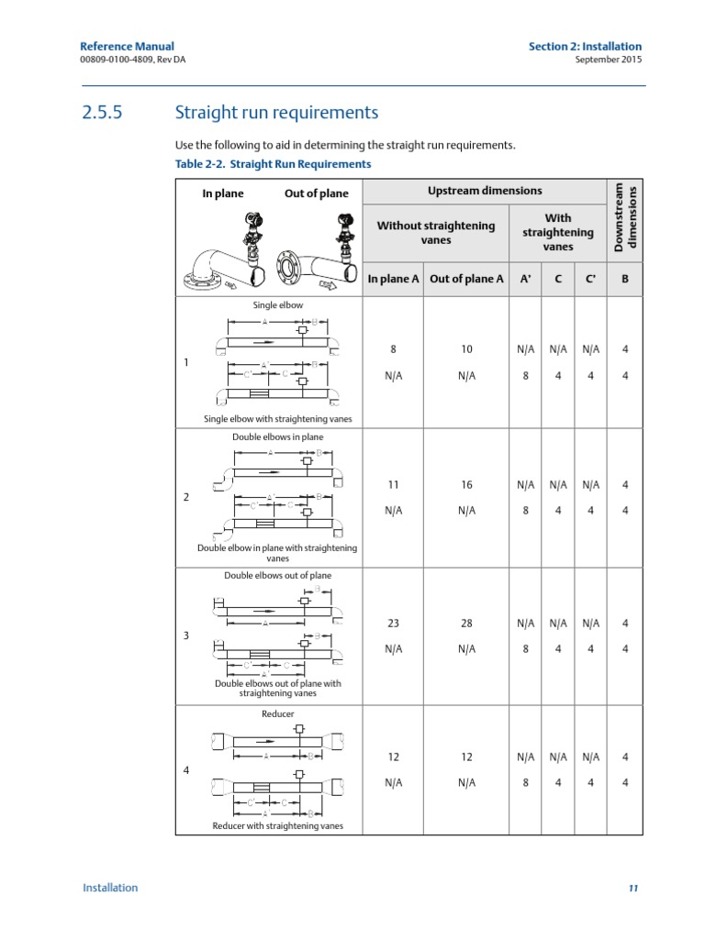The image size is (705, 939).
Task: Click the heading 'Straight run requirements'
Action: click(x=275, y=114)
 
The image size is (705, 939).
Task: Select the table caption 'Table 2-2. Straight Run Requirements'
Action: click(x=273, y=164)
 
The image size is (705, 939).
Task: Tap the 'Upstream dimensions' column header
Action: click(x=485, y=191)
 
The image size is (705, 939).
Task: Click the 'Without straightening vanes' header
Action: click(x=436, y=233)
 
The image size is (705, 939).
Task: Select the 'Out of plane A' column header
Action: click(x=466, y=279)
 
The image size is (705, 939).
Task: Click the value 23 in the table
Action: click(x=394, y=623)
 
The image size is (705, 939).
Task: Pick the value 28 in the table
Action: click(x=466, y=623)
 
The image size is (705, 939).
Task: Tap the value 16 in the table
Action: click(x=466, y=484)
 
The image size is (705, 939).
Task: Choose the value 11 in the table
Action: click(x=394, y=484)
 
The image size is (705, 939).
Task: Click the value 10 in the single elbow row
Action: click(x=466, y=349)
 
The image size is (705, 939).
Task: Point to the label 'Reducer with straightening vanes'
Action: click(x=277, y=825)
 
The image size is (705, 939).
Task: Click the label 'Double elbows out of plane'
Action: click(x=277, y=576)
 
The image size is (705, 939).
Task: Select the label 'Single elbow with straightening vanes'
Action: click(x=277, y=419)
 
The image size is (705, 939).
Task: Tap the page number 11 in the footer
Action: click(x=633, y=888)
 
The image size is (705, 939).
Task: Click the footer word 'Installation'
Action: click(x=110, y=887)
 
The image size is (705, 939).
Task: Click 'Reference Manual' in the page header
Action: click(x=127, y=47)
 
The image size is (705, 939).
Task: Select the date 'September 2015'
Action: click(x=608, y=61)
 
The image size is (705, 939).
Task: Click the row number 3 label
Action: click(x=186, y=635)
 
